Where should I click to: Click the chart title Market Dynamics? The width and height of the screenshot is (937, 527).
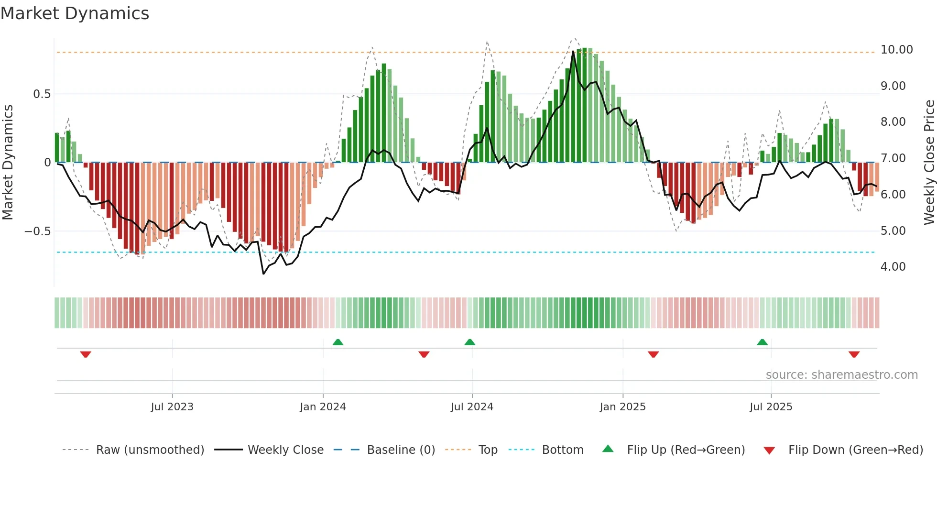point(75,13)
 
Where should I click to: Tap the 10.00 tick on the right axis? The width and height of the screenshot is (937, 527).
point(896,50)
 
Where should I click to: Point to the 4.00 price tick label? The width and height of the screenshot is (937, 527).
point(893,267)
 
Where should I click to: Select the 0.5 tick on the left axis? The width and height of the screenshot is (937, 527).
point(42,94)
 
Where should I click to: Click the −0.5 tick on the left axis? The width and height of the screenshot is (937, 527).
point(38,231)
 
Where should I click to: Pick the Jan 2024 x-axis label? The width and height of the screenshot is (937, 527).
point(323,407)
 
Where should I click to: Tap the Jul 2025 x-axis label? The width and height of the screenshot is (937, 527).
point(771,407)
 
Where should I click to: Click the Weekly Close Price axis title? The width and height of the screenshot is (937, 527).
point(929,162)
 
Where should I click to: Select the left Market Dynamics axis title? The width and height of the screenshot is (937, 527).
point(8,162)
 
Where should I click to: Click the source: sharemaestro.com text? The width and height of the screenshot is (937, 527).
point(841,375)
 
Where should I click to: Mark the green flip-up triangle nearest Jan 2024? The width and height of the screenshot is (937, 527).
point(338,342)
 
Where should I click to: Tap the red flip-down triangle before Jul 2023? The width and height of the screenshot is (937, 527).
point(86,354)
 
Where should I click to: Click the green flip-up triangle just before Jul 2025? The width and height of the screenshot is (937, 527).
point(762,342)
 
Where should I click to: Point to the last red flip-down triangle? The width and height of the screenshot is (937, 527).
point(854,354)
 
